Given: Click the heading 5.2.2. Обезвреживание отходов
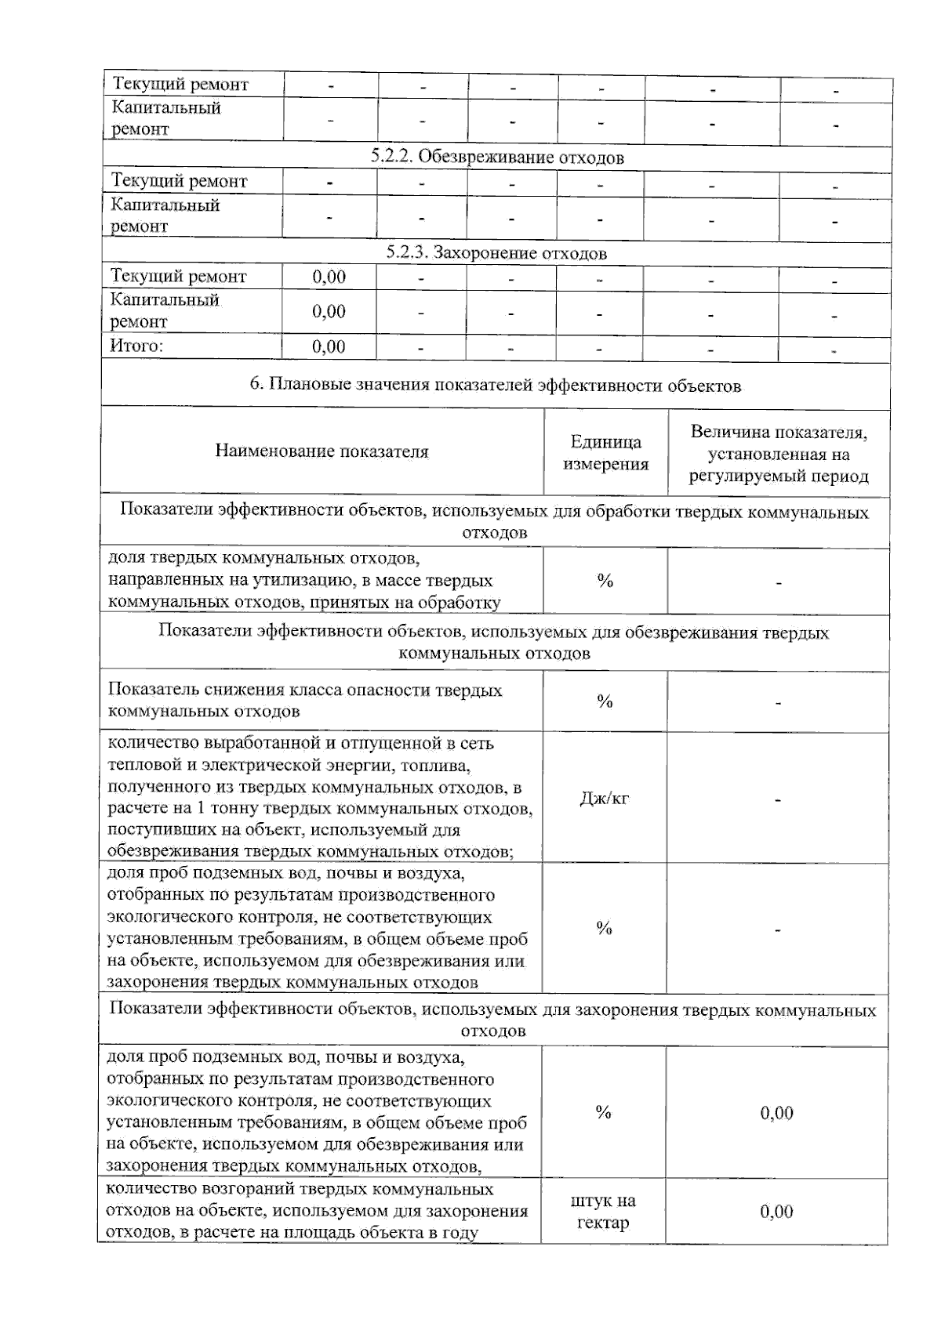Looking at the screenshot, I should pos(497,158).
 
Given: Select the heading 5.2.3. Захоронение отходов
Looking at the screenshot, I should pos(496,253).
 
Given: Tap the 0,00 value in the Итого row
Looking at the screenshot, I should pos(329,346).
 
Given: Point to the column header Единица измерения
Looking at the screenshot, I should pos(605,452).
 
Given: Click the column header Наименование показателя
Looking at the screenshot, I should pos(322,451).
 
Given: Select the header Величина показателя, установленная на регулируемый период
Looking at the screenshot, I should pos(778,454).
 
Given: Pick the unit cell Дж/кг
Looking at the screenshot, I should pos(604,799).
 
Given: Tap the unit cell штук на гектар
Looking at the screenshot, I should pos(603,1211).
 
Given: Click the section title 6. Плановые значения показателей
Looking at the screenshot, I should pos(495,385).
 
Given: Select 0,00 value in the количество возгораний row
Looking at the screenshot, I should pos(776,1212).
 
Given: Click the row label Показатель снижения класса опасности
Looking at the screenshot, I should pos(304,701).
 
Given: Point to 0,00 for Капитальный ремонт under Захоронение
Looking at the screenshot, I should pos(329,311).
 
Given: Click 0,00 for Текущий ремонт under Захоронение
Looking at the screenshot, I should pos(329,277).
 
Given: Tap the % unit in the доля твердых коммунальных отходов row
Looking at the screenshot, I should pos(605,581).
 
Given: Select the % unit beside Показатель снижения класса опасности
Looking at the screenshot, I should pos(605,701).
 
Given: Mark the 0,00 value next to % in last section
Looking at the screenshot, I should pos(776,1113).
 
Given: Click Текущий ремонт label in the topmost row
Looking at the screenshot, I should pos(180,84).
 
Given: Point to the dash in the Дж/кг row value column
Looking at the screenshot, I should pos(777,800).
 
